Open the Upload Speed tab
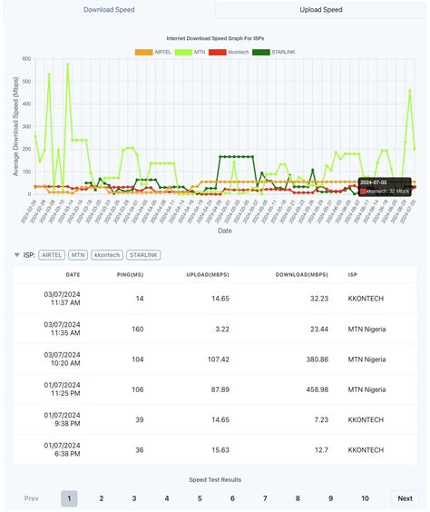[x=323, y=10]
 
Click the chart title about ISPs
[x=214, y=39]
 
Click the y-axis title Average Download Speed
[x=9, y=126]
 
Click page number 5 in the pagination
[x=200, y=497]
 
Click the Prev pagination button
[x=32, y=497]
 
